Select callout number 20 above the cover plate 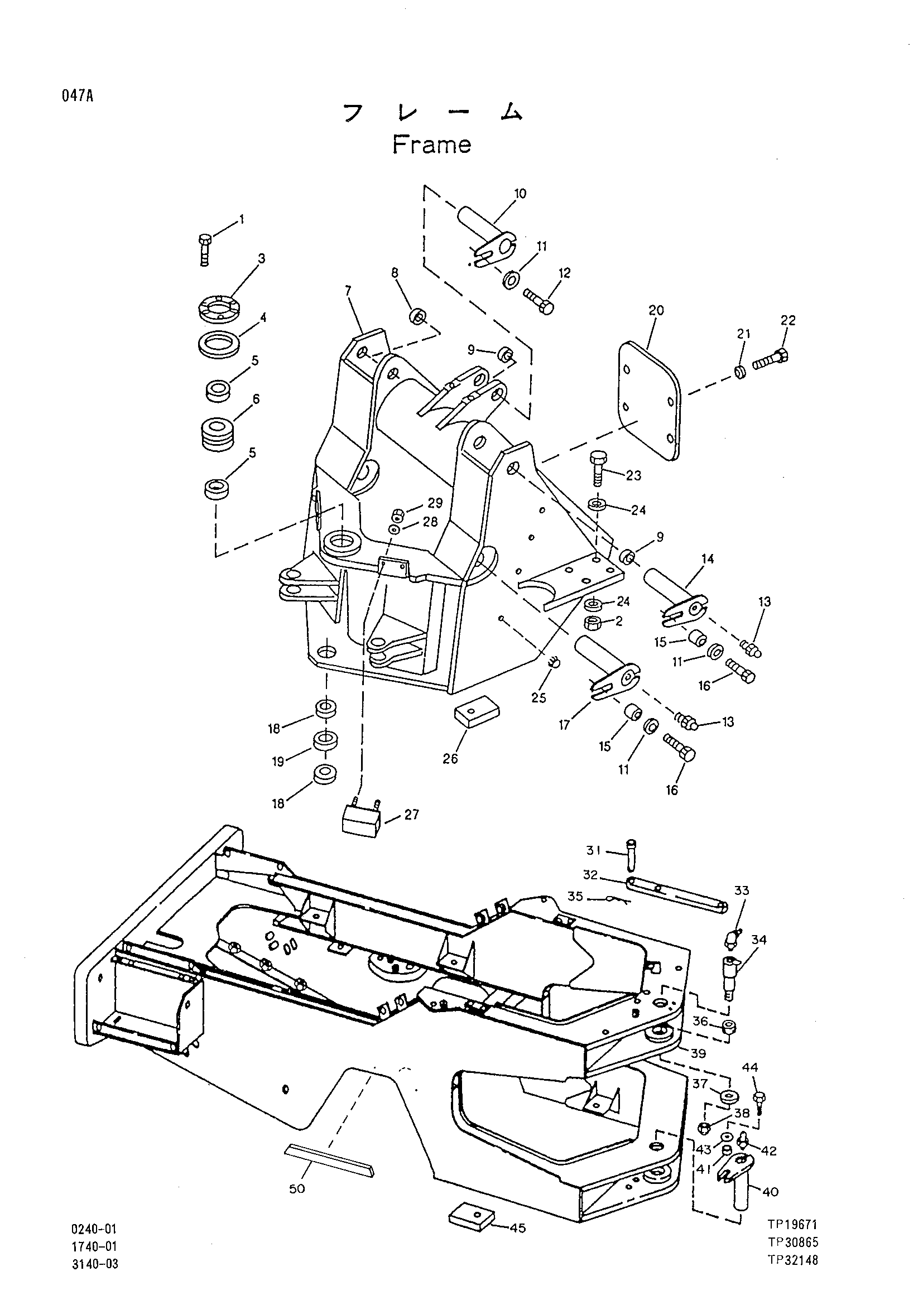pos(656,310)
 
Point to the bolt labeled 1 pos(205,249)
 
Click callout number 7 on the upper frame pos(348,291)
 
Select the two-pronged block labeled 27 pos(361,819)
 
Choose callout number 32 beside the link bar pos(591,874)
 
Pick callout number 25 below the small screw pos(539,697)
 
